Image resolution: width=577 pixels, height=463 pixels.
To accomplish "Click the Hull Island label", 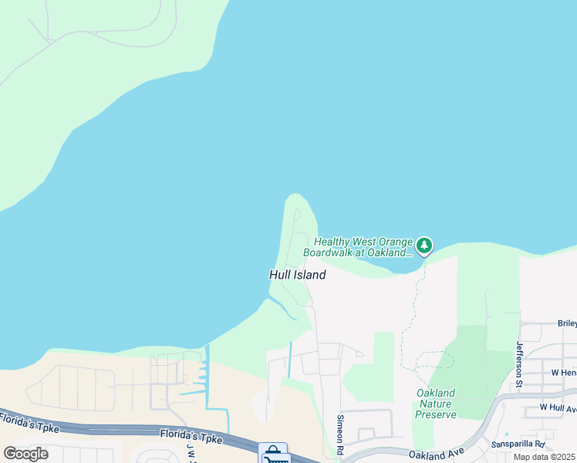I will (x=297, y=275).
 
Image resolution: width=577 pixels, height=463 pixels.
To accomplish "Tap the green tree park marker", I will (x=423, y=246).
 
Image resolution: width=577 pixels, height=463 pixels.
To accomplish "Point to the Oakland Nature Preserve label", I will (x=436, y=404).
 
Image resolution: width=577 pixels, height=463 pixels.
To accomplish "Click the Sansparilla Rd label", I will (x=518, y=445).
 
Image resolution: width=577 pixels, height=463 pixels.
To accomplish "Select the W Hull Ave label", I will (x=557, y=407).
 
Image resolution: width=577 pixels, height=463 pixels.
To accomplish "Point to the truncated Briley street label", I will (x=566, y=324).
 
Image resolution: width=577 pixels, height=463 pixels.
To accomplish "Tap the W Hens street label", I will (x=564, y=373).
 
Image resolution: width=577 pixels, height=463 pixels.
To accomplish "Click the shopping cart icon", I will (x=272, y=454).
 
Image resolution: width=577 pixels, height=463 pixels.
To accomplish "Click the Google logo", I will (x=25, y=453).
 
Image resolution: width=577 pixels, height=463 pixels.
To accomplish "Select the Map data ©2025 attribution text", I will (x=544, y=457).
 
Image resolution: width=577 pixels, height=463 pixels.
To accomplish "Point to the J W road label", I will (x=191, y=451).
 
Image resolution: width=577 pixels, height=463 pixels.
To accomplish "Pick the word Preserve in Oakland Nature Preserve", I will (x=436, y=414).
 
